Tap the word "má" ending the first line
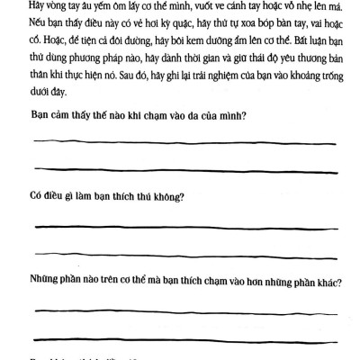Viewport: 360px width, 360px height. (x=336, y=4)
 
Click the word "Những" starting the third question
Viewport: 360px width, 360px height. (x=47, y=280)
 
